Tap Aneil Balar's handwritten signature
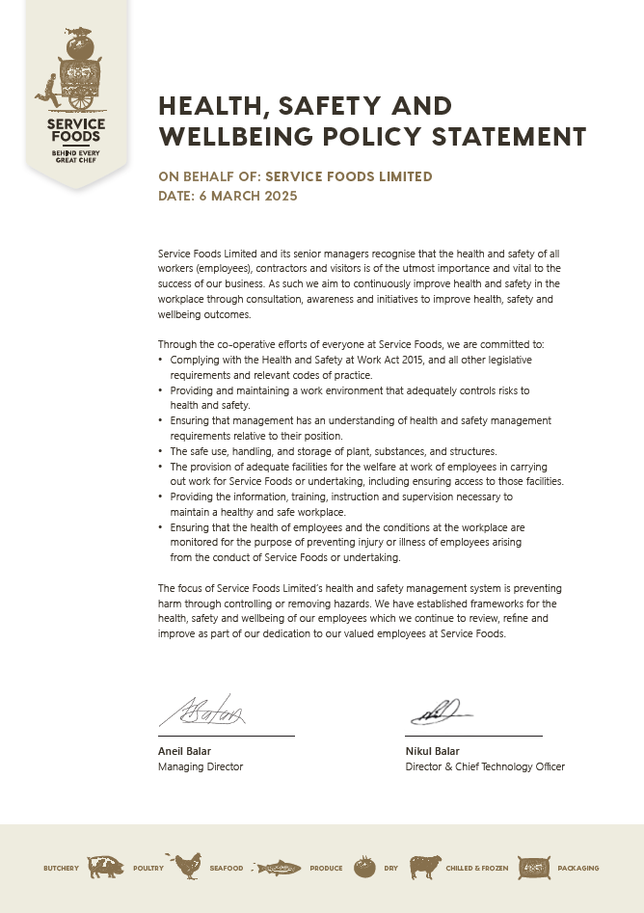click(201, 713)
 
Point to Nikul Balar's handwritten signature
click(440, 712)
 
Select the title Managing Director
click(201, 766)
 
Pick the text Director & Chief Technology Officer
click(485, 766)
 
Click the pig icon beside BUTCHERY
click(106, 868)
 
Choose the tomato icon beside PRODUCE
click(364, 867)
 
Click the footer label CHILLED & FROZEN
click(476, 868)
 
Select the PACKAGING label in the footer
click(578, 868)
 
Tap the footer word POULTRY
click(148, 868)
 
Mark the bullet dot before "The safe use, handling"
click(160, 451)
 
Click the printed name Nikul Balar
click(433, 751)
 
